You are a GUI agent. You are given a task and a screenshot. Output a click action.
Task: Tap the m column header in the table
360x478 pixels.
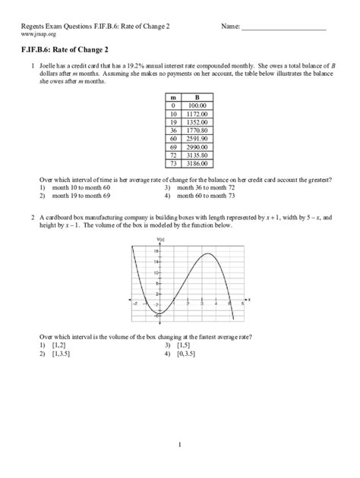pyautogui.click(x=173, y=97)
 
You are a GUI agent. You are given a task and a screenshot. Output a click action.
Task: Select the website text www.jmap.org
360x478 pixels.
pyautogui.click(x=37, y=35)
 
